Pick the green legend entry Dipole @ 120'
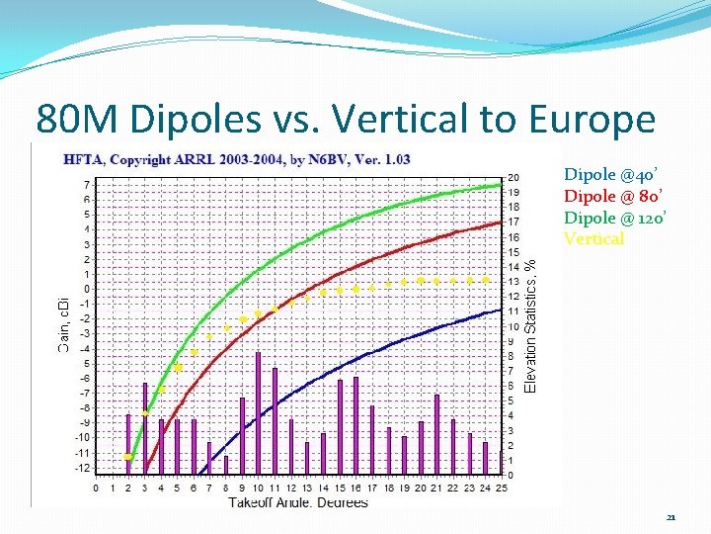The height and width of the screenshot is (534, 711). point(611,218)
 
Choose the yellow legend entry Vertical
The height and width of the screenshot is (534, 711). point(593,238)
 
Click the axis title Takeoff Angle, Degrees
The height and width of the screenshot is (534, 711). point(298,502)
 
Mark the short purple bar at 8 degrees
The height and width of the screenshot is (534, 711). point(226,465)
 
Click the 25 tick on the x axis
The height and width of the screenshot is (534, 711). point(501,488)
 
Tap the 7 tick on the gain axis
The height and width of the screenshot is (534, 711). point(89,185)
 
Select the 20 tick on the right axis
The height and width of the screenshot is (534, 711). point(513,178)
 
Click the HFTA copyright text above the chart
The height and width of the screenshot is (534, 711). point(237,159)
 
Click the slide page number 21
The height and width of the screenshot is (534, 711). point(671,517)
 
